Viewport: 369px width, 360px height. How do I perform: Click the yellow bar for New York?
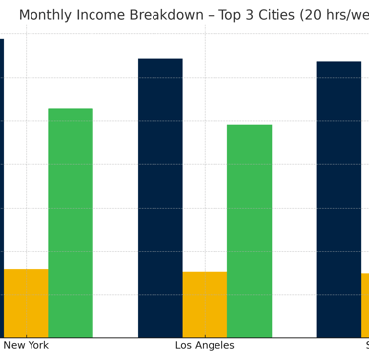26,303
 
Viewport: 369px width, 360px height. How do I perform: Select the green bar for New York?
71,223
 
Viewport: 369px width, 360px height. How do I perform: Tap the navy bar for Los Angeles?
159,198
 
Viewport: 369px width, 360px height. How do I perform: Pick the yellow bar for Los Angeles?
205,305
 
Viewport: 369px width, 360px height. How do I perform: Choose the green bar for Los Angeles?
249,231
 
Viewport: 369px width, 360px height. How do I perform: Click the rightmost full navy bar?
338,200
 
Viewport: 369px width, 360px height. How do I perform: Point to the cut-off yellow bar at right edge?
365,306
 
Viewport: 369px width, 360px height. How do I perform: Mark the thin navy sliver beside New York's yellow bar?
2,187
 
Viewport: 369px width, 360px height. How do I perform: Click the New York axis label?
26,346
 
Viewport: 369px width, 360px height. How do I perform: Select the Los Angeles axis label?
205,346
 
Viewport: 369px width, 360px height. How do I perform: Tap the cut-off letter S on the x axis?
366,346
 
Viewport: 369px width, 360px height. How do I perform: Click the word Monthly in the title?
50,15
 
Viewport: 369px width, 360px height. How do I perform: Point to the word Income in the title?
116,15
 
